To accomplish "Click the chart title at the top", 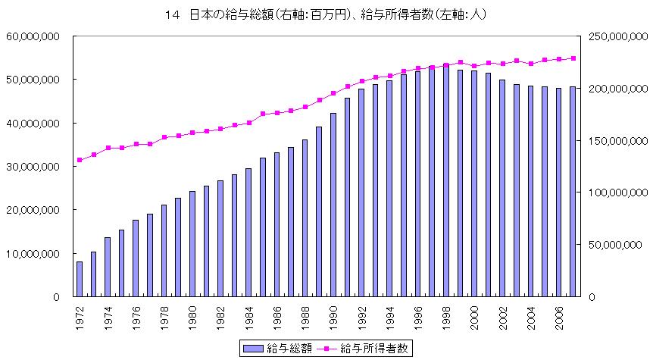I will click(326, 13).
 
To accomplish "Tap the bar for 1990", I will click(333, 205).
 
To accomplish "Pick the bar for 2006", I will click(558, 193).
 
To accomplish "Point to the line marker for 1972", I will click(79, 160).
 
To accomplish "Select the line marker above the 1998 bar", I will click(445, 65).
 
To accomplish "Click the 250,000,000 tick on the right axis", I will click(611, 36).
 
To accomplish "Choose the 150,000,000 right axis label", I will click(611, 140).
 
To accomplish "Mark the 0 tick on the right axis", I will click(591, 296).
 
